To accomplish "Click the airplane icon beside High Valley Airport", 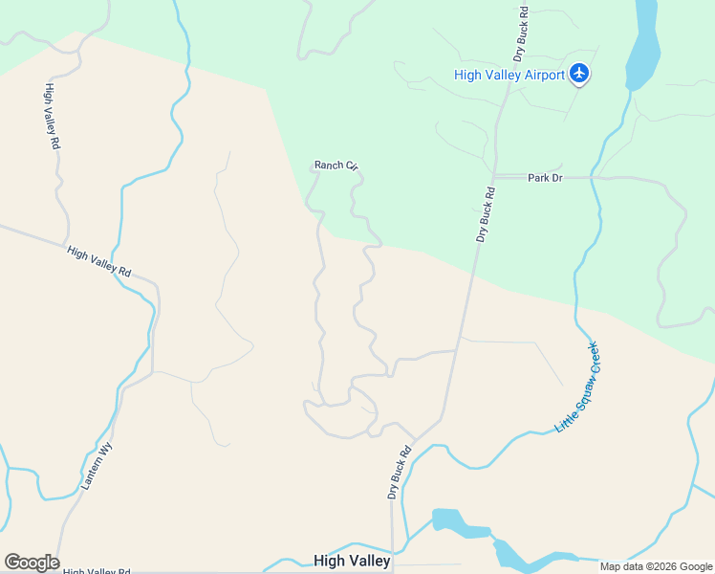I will click(x=578, y=74).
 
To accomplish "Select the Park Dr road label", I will click(x=545, y=178).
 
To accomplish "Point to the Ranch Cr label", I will click(x=336, y=166).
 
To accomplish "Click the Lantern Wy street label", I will click(x=97, y=466).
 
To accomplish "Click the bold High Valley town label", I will click(x=352, y=560).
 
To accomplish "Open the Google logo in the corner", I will click(x=32, y=563).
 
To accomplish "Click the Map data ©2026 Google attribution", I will click(x=656, y=566).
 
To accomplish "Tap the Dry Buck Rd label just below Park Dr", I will click(x=486, y=213).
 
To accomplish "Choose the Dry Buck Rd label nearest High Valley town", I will click(x=399, y=472).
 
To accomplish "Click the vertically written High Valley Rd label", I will click(x=53, y=116).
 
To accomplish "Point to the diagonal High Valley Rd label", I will click(x=98, y=261).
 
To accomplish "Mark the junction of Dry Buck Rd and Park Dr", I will click(x=493, y=177).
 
